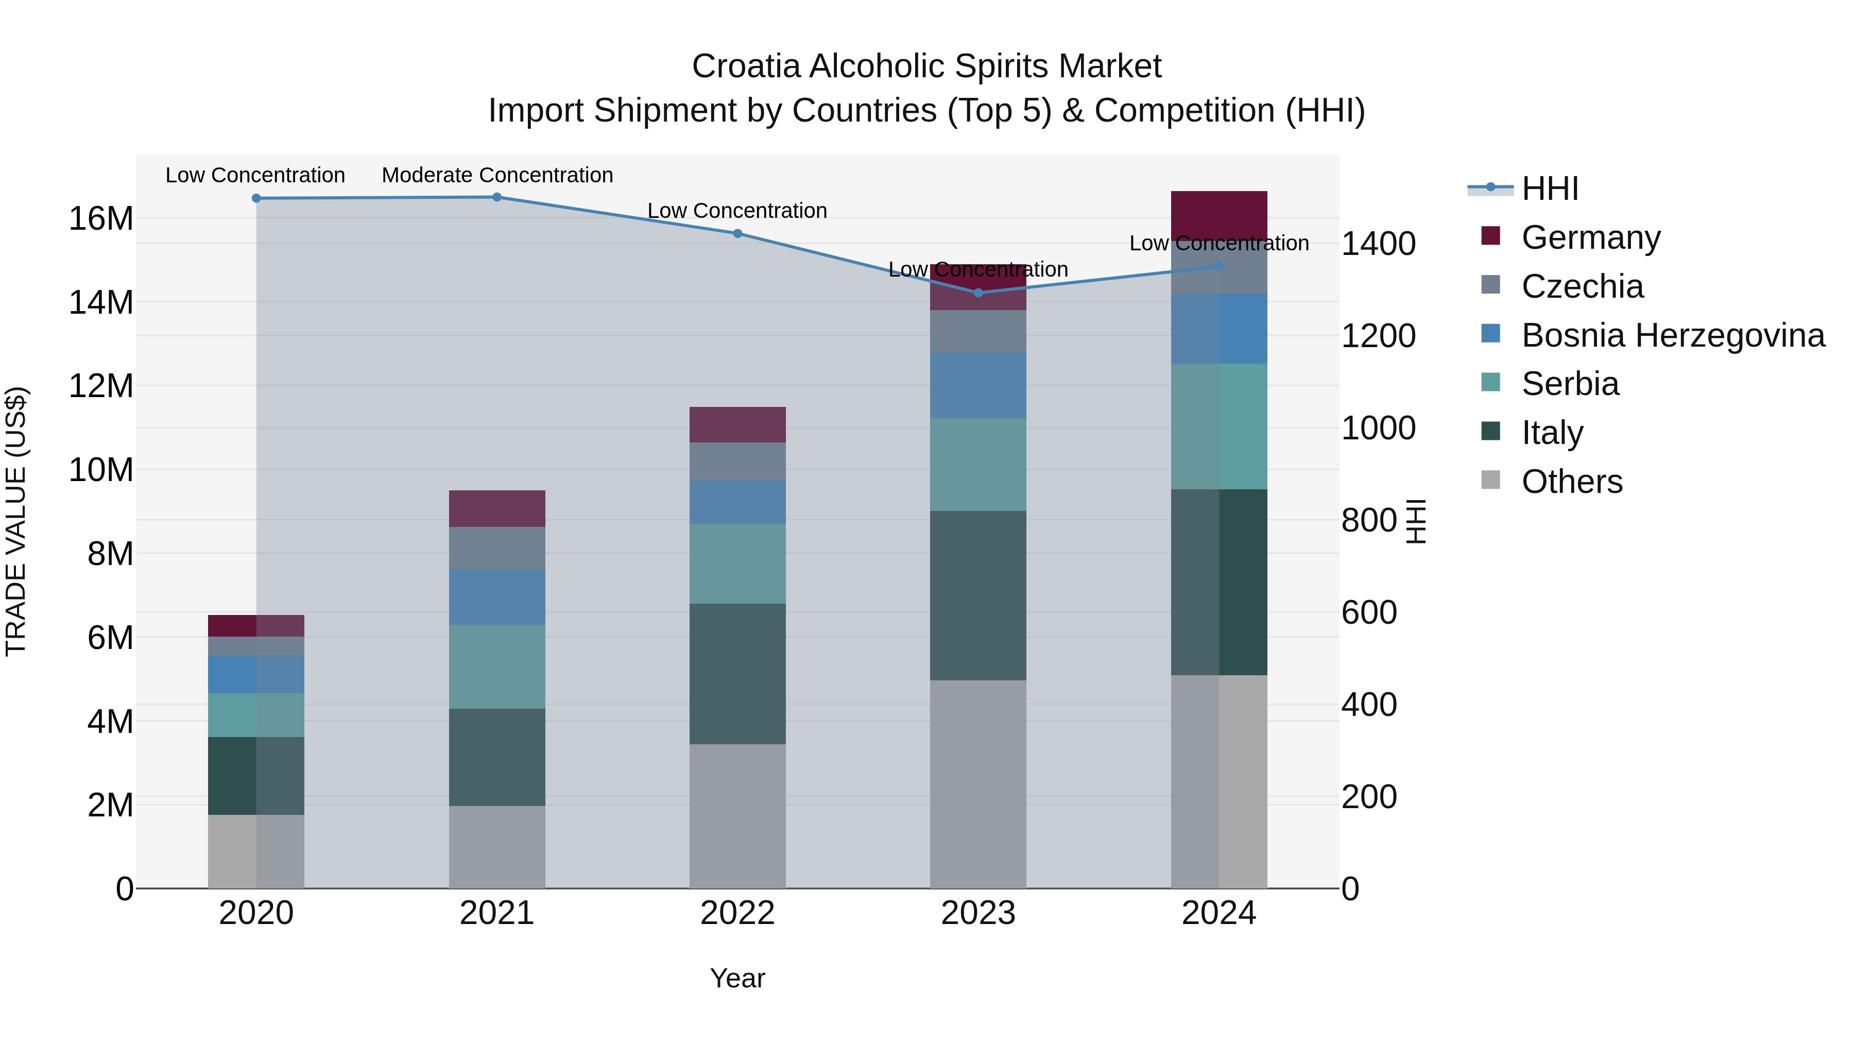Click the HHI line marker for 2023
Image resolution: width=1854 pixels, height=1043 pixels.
977,293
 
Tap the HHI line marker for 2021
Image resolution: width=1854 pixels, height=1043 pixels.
496,197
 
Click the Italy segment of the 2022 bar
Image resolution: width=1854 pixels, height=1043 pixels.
737,674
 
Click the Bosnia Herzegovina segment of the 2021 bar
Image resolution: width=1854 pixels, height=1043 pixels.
496,597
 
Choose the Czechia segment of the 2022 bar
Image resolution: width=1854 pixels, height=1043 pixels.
737,461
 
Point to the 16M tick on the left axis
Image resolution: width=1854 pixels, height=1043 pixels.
101,218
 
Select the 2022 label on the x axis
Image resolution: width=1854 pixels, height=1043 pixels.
737,913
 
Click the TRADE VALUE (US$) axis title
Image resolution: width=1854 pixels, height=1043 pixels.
16,521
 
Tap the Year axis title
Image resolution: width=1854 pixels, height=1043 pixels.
737,978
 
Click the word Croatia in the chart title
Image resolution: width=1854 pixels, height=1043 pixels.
746,66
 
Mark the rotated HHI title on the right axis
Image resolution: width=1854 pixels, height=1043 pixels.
1415,521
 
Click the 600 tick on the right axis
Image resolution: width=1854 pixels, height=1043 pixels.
1369,612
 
